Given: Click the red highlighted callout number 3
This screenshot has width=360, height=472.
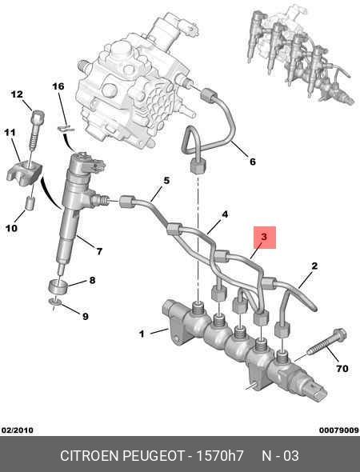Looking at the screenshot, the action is coord(264,237).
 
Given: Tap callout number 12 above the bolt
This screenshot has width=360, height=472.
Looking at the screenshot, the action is coord(17,94).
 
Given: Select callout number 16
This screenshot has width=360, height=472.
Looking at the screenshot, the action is coord(58,86).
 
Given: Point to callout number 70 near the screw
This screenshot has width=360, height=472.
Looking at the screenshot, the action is coord(342,369).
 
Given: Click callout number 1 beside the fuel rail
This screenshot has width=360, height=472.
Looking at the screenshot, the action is coord(142,334).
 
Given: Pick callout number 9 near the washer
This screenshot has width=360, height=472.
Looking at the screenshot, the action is coord(86,316).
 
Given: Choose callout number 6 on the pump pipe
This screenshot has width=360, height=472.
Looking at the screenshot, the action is coord(253,162).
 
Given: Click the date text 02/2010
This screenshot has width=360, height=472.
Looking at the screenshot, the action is coord(17,430).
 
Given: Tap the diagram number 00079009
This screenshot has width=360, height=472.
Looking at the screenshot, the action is coord(339,430).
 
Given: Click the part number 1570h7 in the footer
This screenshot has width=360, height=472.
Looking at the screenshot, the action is coord(220,456).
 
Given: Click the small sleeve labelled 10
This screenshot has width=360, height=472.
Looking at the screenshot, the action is coord(30,203).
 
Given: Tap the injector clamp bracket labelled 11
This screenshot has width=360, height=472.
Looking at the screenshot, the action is coord(24,173).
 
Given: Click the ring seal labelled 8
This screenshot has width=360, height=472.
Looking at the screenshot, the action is coord(58,286).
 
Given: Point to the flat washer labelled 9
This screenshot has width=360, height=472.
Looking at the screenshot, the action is coord(54,302).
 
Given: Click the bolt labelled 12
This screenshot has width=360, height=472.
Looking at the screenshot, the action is coord(37,130).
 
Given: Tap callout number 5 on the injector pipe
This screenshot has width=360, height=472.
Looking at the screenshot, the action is coord(166,181).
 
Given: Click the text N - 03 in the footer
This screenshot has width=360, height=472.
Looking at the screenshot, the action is coord(280,456).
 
